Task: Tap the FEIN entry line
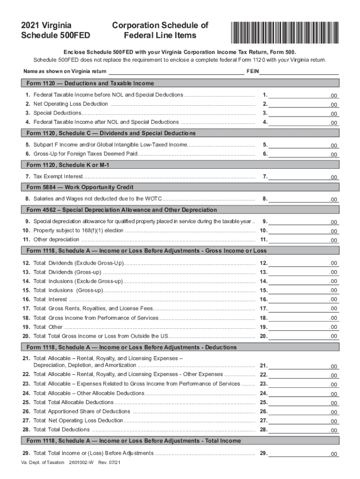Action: (x=299, y=71)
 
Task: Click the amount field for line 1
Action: (x=304, y=95)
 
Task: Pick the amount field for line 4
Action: (x=304, y=122)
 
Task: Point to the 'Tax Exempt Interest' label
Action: (x=58, y=177)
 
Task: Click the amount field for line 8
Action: (x=304, y=199)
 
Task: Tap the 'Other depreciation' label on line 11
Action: (x=53, y=239)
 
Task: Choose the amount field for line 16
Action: (x=304, y=299)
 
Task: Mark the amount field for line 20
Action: (x=304, y=336)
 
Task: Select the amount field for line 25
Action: (x=304, y=402)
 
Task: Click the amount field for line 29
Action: (x=304, y=453)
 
